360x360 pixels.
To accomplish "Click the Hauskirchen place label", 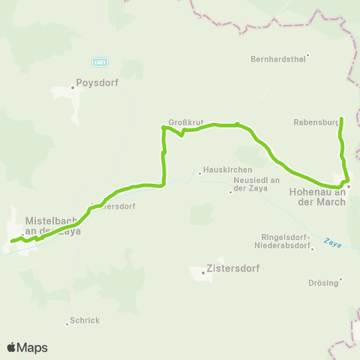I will click(223, 171).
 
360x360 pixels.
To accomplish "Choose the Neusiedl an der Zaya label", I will click(256, 187).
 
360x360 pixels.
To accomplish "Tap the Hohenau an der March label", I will click(316, 196).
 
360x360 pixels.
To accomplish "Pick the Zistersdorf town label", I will click(229, 268).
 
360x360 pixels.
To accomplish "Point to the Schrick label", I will click(85, 320).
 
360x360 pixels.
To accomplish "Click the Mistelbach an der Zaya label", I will click(52, 226).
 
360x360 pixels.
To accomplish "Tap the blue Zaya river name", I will click(332, 243).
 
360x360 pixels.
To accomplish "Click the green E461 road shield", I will click(100, 61).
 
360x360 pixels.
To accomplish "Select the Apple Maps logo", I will click(27, 347).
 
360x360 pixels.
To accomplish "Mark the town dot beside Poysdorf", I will click(73, 87).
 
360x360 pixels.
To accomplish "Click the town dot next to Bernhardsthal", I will click(307, 55).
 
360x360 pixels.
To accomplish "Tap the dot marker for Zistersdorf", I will click(203, 271).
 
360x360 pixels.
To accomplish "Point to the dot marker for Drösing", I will click(340, 280).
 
